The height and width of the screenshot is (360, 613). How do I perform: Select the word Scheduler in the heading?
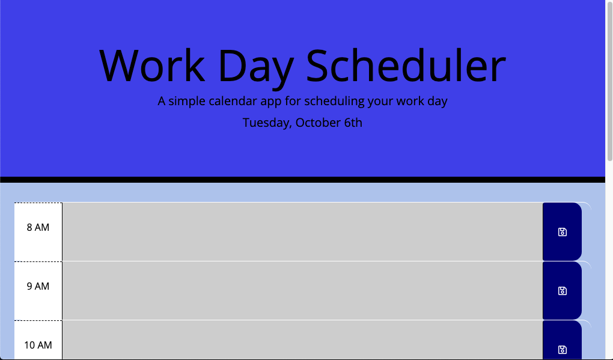click(406, 65)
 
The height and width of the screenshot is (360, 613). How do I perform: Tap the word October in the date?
click(318, 123)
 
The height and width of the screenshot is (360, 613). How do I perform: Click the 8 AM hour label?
click(38, 227)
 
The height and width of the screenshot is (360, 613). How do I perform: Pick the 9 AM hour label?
click(38, 286)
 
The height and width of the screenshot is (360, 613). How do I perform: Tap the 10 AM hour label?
click(38, 345)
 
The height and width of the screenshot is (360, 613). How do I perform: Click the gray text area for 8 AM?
click(302, 231)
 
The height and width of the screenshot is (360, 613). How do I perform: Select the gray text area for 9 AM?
click(302, 290)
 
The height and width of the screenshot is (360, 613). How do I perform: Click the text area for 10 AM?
click(302, 341)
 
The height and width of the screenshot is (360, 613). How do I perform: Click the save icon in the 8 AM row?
click(563, 232)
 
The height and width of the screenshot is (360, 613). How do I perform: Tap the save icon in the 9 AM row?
click(563, 291)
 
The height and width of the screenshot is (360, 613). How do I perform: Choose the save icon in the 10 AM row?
click(563, 350)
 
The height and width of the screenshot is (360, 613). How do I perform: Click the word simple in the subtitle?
click(187, 101)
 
